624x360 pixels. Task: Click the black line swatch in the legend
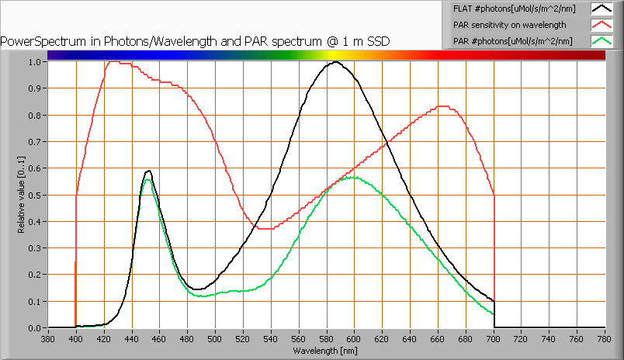click(601, 9)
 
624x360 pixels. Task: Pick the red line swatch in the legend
click(601, 25)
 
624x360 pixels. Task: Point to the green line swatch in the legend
click(601, 40)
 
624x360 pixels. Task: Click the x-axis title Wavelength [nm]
click(325, 351)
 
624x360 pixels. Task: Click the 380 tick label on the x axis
click(48, 338)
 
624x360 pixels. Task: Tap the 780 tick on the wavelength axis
click(605, 338)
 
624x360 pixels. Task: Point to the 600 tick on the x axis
click(354, 338)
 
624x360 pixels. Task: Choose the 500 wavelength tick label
click(215, 338)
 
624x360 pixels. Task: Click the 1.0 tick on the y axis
click(34, 62)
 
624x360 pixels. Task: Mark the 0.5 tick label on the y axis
click(34, 195)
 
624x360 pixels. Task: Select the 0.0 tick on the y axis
click(34, 328)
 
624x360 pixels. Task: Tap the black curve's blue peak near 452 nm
click(148, 171)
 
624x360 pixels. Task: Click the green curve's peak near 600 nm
click(353, 178)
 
